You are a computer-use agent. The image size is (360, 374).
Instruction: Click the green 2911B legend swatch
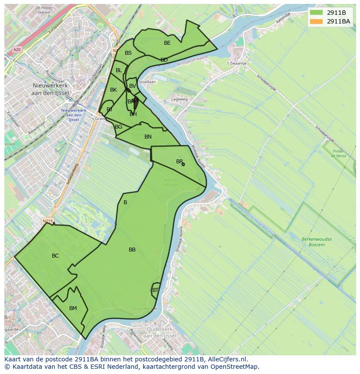317,13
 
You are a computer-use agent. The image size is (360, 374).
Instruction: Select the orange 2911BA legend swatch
317,21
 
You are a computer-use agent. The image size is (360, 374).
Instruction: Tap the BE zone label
167,43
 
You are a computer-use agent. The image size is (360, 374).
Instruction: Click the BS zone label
128,53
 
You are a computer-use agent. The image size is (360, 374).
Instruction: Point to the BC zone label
55,256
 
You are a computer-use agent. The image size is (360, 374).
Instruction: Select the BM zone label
73,308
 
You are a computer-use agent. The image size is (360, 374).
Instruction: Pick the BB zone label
132,250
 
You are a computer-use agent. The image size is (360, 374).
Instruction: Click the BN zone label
148,137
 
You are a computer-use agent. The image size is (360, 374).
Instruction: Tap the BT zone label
155,290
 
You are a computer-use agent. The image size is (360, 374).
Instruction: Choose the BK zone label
113,90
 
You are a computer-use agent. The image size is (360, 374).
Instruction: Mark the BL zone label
119,70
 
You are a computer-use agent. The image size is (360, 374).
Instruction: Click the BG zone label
118,127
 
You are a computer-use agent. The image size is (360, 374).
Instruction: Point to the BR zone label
179,162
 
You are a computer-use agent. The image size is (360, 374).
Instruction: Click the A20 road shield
17,50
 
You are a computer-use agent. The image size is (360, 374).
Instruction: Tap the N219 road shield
47,221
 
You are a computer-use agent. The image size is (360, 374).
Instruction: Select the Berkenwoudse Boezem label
316,242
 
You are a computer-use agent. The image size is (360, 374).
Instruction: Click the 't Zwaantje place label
237,63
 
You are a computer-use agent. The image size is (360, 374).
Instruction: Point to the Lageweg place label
179,99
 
